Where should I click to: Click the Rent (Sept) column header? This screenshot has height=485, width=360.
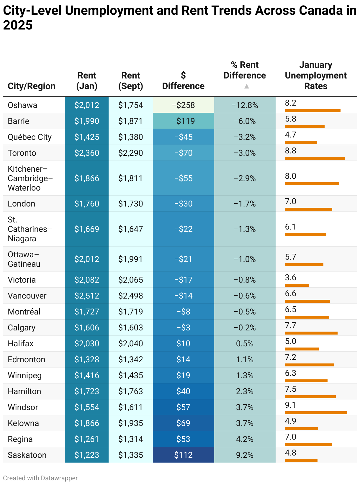(x=130, y=81)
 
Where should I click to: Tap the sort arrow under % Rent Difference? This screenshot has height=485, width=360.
(x=247, y=86)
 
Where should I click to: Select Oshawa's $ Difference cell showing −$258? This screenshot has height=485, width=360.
(x=183, y=105)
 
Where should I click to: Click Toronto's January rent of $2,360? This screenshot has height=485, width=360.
(x=87, y=153)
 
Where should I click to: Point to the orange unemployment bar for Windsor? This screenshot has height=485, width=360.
(x=316, y=412)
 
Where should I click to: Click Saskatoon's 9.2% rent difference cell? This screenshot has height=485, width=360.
(x=245, y=455)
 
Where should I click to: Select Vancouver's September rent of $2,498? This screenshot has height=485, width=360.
(x=130, y=296)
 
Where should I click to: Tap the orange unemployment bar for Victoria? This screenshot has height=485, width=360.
(x=297, y=285)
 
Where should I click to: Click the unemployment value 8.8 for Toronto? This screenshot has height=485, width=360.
(x=290, y=151)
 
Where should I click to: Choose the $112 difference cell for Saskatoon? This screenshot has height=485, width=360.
(x=183, y=455)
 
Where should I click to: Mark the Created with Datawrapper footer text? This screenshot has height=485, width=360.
(x=40, y=478)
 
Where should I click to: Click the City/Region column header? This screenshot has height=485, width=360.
(x=32, y=86)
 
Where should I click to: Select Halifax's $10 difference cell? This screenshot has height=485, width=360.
(x=183, y=343)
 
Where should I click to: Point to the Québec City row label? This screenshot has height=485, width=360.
(x=30, y=137)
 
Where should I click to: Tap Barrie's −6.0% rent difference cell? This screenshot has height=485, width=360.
(x=245, y=121)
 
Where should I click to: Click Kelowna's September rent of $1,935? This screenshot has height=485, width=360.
(x=130, y=423)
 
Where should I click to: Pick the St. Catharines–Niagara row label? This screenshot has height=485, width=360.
(x=30, y=229)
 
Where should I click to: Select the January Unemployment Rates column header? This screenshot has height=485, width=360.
(x=315, y=75)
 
